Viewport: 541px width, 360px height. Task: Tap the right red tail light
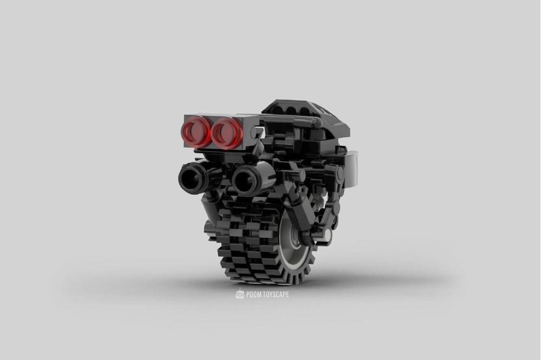click(227, 133)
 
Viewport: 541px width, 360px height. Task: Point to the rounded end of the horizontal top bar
click(316, 123)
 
